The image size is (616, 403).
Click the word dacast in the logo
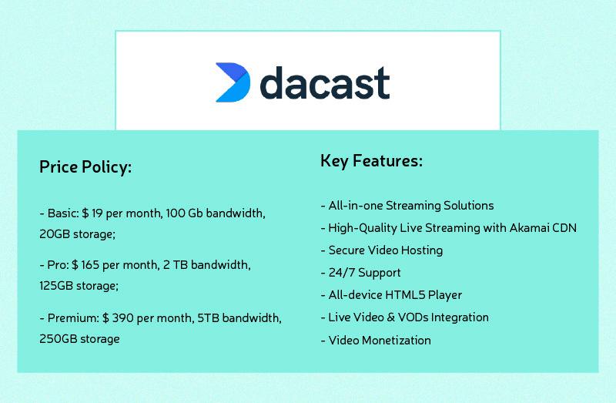pyautogui.click(x=325, y=82)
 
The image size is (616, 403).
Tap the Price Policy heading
pyautogui.click(x=85, y=167)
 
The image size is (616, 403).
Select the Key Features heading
pyautogui.click(x=372, y=161)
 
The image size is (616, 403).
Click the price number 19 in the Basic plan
pyautogui.click(x=97, y=213)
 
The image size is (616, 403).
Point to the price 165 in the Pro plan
pyautogui.click(x=90, y=265)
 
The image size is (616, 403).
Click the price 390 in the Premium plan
pyautogui.click(x=122, y=318)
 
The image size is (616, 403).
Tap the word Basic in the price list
pyautogui.click(x=63, y=213)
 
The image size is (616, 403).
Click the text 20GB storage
pyautogui.click(x=76, y=234)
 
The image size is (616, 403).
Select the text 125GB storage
pyautogui.click(x=78, y=286)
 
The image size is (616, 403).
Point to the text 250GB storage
pyautogui.click(x=79, y=339)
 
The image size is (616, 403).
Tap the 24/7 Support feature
pyautogui.click(x=364, y=273)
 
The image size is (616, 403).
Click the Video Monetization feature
pyautogui.click(x=380, y=341)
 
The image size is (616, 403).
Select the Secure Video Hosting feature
pyautogui.click(x=386, y=250)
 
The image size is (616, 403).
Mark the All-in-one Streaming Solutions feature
pyautogui.click(x=411, y=206)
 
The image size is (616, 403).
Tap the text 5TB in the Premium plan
pyautogui.click(x=208, y=318)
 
